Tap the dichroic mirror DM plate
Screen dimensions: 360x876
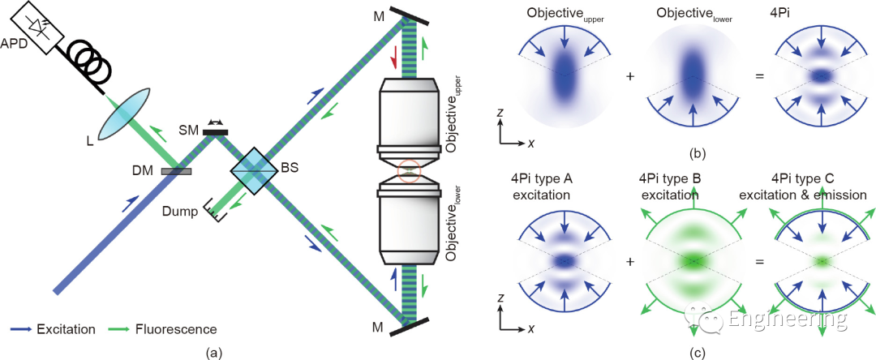click(176, 171)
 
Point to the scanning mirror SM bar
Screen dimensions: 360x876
click(217, 131)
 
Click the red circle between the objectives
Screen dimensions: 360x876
click(409, 172)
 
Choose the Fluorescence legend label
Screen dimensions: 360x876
click(179, 329)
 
